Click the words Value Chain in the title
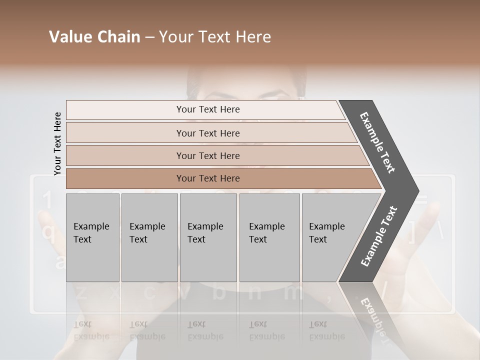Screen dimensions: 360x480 pyautogui.click(x=94, y=37)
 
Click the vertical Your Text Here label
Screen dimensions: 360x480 pyautogui.click(x=57, y=143)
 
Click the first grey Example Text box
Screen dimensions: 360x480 pyautogui.click(x=92, y=237)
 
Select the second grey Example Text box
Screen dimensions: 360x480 pyautogui.click(x=149, y=237)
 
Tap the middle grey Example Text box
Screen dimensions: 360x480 pyautogui.click(x=208, y=237)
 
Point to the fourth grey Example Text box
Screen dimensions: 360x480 pyautogui.click(x=269, y=237)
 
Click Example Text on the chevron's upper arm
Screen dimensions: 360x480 pyautogui.click(x=377, y=142)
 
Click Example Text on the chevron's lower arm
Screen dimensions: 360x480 pyautogui.click(x=378, y=236)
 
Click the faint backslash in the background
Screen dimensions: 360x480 pyautogui.click(x=440, y=231)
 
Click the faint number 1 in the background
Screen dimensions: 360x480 pyautogui.click(x=46, y=201)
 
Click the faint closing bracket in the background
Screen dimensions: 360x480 pyautogui.click(x=412, y=231)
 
